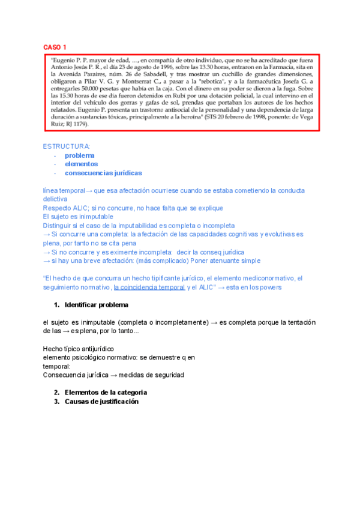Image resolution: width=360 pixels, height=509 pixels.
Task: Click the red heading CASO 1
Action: pyautogui.click(x=55, y=47)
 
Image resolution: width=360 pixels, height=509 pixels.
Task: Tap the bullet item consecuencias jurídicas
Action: pyautogui.click(x=103, y=173)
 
